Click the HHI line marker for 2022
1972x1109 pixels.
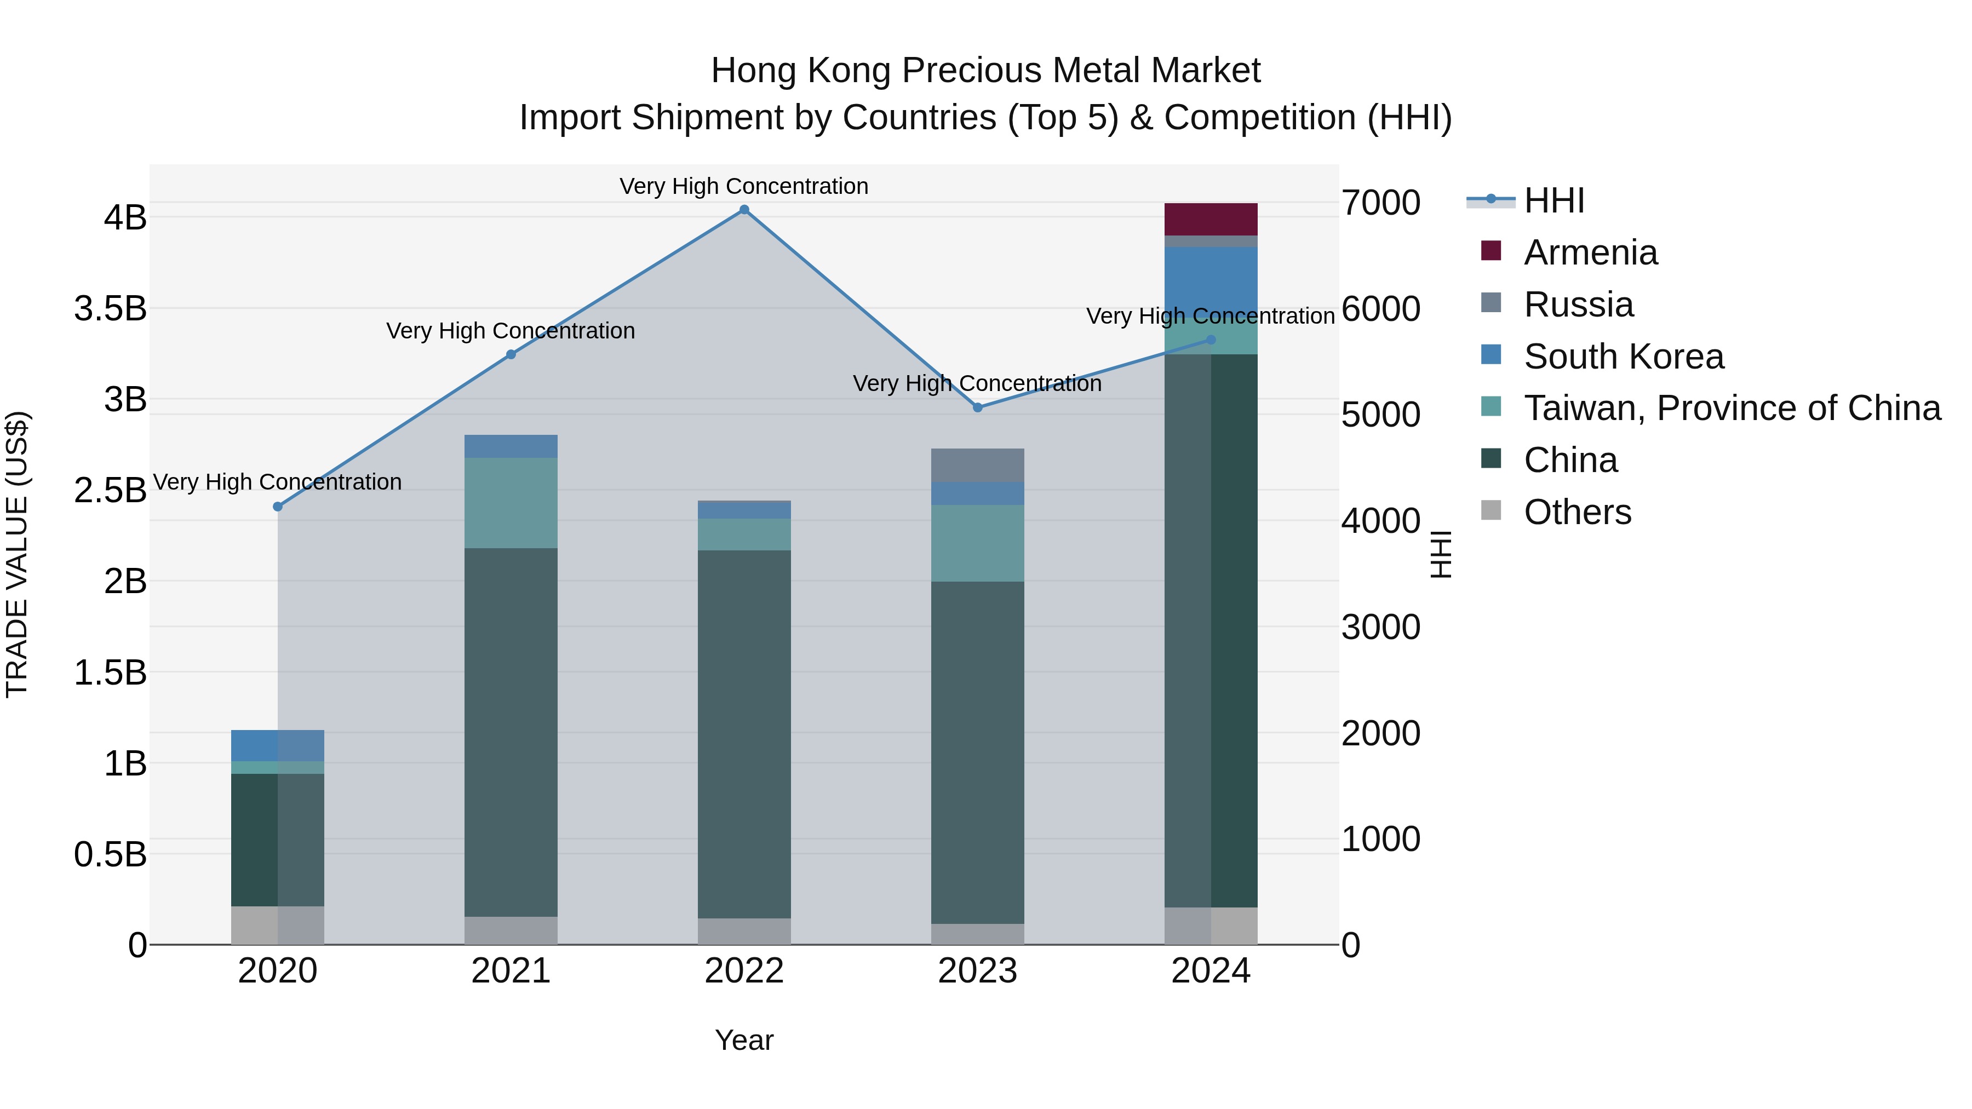click(x=744, y=210)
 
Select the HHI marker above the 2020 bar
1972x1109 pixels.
click(x=278, y=507)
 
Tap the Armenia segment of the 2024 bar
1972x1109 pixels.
click(x=1210, y=220)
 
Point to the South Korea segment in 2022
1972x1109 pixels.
click(x=744, y=510)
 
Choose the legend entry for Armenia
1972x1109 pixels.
click(x=1590, y=252)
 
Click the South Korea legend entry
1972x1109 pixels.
click(x=1623, y=357)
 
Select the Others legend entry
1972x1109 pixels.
click(x=1577, y=512)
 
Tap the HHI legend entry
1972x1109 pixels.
click(x=1553, y=200)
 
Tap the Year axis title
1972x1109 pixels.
click(x=744, y=1041)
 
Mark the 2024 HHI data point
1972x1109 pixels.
click(x=1210, y=340)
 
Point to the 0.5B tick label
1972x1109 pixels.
click(x=110, y=855)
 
